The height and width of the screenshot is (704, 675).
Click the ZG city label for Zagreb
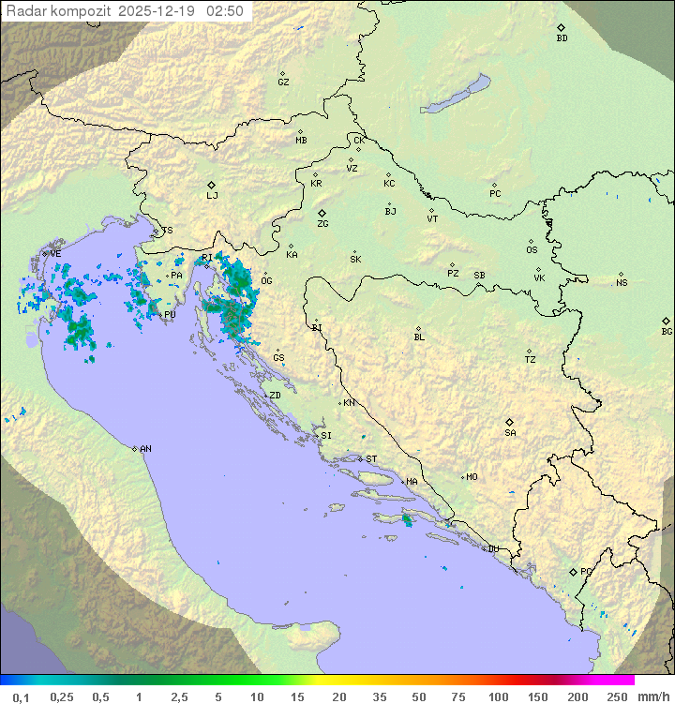322,224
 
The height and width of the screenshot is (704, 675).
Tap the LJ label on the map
212,196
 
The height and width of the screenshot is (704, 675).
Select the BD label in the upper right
562,38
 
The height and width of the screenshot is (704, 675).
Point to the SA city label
510,433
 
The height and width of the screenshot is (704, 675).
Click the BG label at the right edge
667,331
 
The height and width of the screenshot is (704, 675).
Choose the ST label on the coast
371,459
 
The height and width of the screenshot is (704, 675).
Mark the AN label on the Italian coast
145,449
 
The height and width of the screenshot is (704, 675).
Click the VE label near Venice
55,254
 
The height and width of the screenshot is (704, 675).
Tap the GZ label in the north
283,82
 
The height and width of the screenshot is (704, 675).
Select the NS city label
622,282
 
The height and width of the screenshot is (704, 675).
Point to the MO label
472,477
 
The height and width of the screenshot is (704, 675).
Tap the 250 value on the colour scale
617,697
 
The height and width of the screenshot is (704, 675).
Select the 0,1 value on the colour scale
21,697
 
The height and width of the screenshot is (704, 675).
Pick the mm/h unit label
652,697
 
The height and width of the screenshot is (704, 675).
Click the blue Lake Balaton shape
457,95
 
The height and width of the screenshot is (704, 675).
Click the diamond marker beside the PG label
573,571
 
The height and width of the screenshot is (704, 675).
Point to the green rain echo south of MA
406,518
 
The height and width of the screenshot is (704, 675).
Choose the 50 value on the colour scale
419,697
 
